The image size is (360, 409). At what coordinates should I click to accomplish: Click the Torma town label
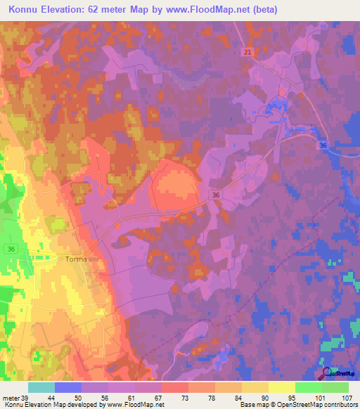tap(76, 259)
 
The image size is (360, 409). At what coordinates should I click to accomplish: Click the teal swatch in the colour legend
tap(41, 388)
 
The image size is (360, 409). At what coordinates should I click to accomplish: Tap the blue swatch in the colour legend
tap(68, 388)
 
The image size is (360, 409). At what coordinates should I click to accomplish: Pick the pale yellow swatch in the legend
tap(281, 388)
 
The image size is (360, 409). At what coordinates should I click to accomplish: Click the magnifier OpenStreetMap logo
tap(327, 373)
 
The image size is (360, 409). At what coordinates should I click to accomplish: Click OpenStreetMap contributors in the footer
tap(321, 405)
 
